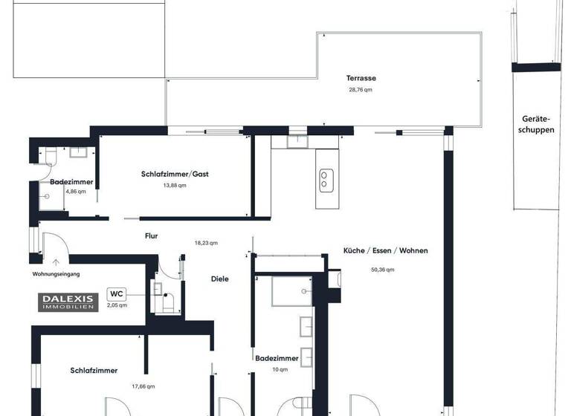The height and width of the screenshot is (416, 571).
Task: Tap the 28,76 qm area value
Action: tap(360, 90)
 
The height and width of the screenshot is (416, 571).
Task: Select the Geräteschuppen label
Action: tap(538, 124)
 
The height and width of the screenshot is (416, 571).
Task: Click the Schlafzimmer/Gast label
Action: tap(175, 174)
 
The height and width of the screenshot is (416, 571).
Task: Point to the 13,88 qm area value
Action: tap(175, 186)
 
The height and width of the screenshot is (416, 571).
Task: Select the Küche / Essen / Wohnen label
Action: tap(385, 251)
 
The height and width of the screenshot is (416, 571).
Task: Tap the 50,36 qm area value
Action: tap(382, 270)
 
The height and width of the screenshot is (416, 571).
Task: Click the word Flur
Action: tap(152, 236)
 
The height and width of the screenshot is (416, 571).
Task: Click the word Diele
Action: tap(219, 279)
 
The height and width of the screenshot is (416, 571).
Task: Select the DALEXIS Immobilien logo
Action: tap(68, 302)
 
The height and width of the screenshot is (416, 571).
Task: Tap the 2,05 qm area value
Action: tap(117, 305)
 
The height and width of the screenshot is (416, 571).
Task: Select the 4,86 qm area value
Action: tap(76, 192)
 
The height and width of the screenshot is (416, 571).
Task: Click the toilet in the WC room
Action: tap(167, 302)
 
